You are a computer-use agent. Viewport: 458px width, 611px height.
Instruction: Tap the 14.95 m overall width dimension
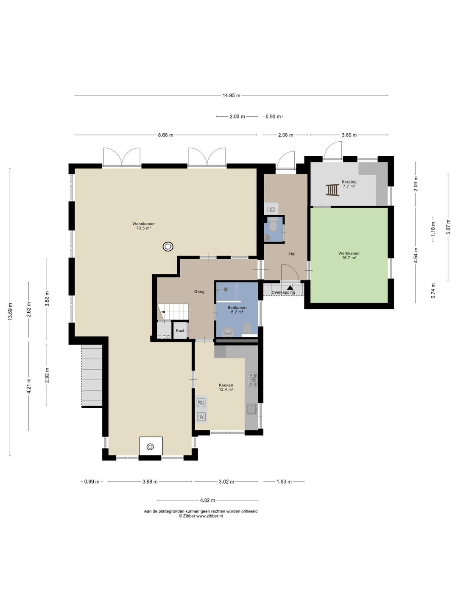click(x=232, y=95)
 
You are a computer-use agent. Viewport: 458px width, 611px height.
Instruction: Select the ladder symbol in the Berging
click(x=332, y=190)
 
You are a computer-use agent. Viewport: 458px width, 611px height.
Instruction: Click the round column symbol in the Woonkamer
click(x=168, y=247)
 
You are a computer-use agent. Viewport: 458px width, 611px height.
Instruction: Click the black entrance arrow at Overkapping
click(x=290, y=287)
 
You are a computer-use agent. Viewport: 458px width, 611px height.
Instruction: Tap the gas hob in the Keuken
click(x=253, y=380)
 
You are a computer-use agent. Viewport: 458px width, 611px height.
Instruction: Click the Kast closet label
click(x=180, y=331)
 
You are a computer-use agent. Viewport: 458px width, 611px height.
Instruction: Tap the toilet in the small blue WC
click(x=274, y=226)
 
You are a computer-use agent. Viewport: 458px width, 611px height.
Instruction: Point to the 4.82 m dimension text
click(x=207, y=500)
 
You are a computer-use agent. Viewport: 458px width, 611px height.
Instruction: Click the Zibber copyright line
click(x=201, y=516)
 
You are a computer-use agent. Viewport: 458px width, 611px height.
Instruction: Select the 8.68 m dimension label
click(x=166, y=135)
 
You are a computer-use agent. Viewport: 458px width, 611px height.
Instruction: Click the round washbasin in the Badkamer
click(x=229, y=332)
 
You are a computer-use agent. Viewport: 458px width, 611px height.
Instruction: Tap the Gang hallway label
click(x=199, y=292)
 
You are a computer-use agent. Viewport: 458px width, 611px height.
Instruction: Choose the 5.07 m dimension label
click(x=448, y=227)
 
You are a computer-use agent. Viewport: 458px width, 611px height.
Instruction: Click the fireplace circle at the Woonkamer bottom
click(x=150, y=447)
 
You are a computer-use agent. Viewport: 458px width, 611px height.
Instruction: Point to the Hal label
click(x=292, y=254)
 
